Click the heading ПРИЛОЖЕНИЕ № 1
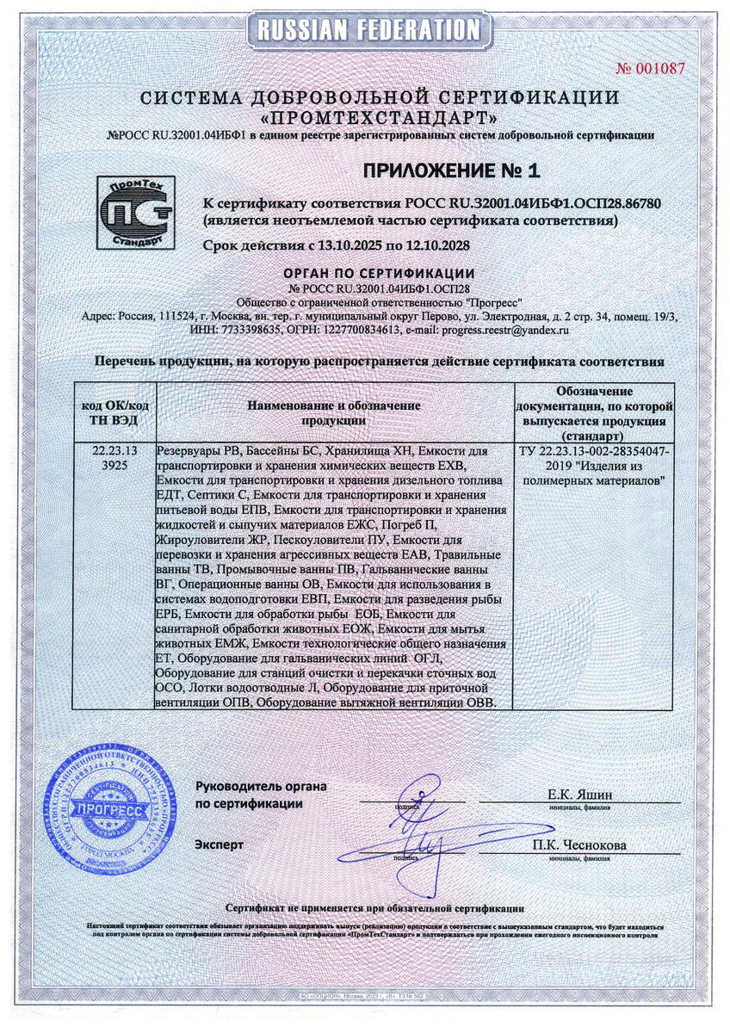point(450,170)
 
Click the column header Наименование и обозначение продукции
point(334,412)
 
